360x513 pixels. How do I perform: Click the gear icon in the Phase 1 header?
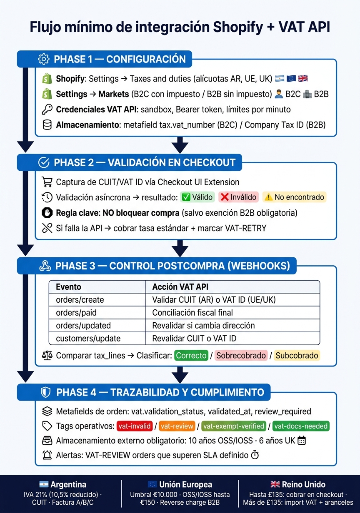click(x=43, y=59)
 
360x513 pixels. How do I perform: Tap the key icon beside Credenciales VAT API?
click(x=47, y=110)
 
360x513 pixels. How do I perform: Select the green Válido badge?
click(x=197, y=197)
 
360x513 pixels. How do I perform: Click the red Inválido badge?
click(x=239, y=197)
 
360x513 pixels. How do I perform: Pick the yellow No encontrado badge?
click(x=295, y=197)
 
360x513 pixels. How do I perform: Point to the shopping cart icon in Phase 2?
click(x=47, y=182)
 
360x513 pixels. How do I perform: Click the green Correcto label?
click(x=191, y=356)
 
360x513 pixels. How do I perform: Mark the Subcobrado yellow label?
click(x=297, y=356)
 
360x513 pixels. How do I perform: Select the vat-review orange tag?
click(x=177, y=426)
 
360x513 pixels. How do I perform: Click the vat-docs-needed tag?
click(x=301, y=426)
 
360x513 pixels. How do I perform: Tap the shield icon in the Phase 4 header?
click(x=45, y=392)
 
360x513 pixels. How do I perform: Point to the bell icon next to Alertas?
click(x=47, y=455)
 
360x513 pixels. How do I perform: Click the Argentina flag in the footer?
click(x=44, y=484)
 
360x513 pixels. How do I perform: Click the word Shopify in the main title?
click(x=238, y=27)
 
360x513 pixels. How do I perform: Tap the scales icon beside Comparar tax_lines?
click(x=47, y=356)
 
